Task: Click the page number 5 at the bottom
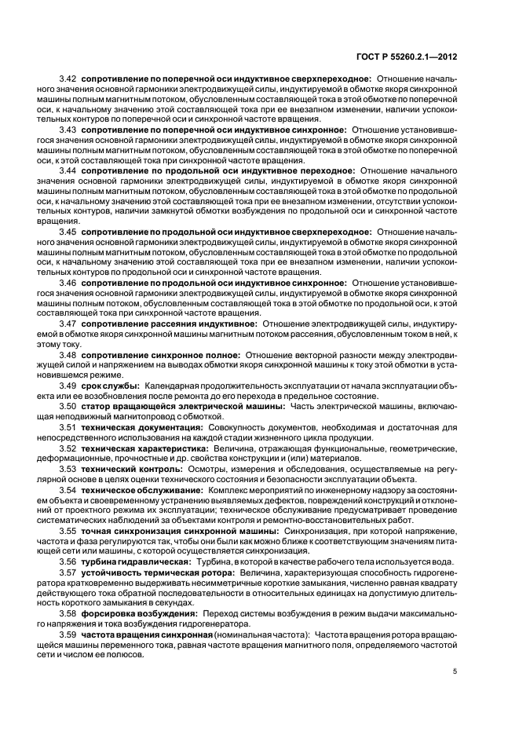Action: pyautogui.click(x=455, y=671)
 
